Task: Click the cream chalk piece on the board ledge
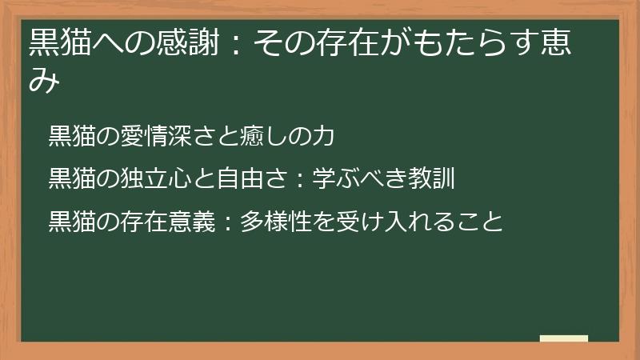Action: tap(564, 338)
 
